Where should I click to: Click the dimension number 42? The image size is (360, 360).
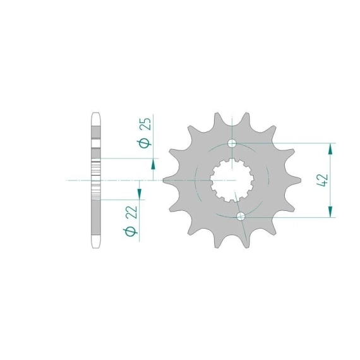pyautogui.click(x=323, y=180)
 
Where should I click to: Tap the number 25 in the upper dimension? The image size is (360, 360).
pyautogui.click(x=145, y=124)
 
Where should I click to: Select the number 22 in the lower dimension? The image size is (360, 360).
pyautogui.click(x=131, y=212)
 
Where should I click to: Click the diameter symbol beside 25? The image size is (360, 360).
pyautogui.click(x=145, y=143)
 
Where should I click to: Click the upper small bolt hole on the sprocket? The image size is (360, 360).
pyautogui.click(x=232, y=143)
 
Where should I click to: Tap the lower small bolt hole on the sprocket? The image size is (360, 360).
pyautogui.click(x=241, y=216)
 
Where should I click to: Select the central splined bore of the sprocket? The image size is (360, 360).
pyautogui.click(x=232, y=180)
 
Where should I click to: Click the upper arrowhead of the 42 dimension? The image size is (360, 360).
pyautogui.click(x=330, y=149)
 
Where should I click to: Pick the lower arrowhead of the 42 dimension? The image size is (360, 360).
pyautogui.click(x=330, y=212)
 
